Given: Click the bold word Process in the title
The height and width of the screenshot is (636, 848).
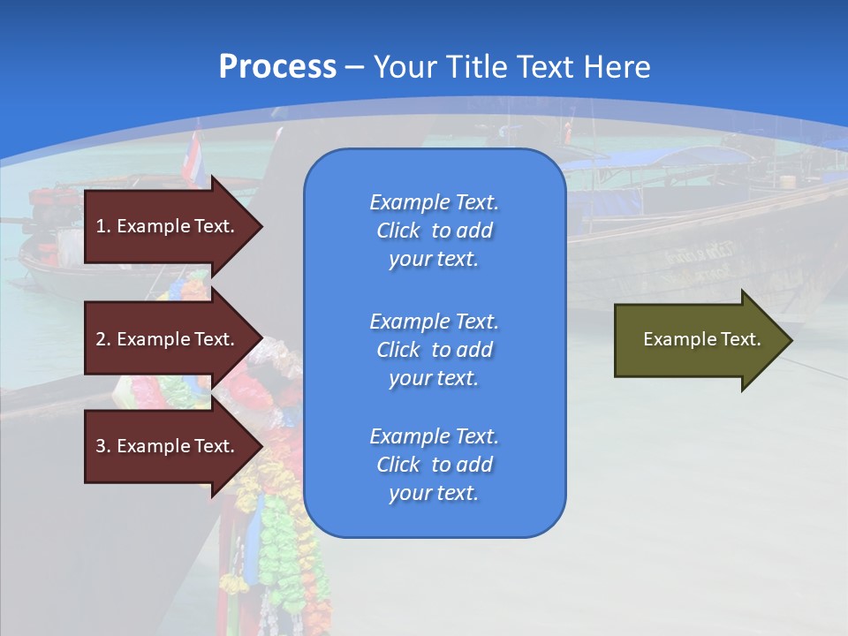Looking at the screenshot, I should (277, 66).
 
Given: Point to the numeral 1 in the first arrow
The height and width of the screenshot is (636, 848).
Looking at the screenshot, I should (101, 226).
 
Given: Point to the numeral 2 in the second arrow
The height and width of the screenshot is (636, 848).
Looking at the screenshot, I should (101, 339).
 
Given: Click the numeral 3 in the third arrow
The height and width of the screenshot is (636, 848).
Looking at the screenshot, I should (101, 446).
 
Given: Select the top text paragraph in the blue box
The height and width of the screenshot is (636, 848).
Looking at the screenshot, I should (435, 231).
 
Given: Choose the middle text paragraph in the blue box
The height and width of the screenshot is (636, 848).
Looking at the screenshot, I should (435, 349).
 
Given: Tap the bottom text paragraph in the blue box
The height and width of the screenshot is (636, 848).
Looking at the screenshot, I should (435, 465).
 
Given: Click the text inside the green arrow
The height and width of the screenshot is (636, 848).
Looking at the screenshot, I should (702, 339).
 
